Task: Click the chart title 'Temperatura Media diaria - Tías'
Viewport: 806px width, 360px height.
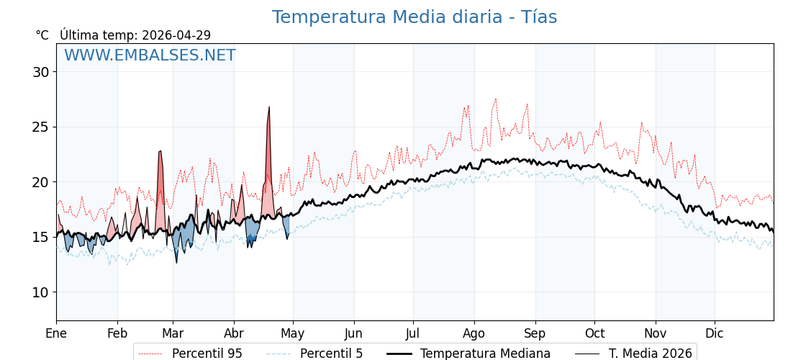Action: coord(414,17)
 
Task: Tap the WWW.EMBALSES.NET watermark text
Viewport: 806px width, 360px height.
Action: coord(150,56)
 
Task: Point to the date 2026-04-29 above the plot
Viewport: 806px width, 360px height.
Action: coord(176,35)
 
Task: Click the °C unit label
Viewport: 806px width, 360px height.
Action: coord(42,35)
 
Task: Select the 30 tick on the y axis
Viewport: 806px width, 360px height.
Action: coord(40,72)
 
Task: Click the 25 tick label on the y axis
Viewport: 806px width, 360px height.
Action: coord(40,127)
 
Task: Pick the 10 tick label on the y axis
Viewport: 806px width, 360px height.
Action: coord(40,292)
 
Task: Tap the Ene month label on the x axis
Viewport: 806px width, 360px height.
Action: coord(56,333)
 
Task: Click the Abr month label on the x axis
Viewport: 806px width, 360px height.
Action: coord(234,333)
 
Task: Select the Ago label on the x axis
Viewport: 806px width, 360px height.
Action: coord(474,333)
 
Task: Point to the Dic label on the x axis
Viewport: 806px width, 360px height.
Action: coord(715,333)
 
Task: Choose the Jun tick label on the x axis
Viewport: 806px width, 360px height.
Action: coord(354,333)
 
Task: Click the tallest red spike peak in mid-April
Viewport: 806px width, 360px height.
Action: coord(269,107)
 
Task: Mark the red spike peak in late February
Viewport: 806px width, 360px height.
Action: coord(160,151)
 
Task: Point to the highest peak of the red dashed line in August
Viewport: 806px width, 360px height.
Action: coord(495,99)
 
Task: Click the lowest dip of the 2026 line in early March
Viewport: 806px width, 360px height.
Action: coord(176,262)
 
